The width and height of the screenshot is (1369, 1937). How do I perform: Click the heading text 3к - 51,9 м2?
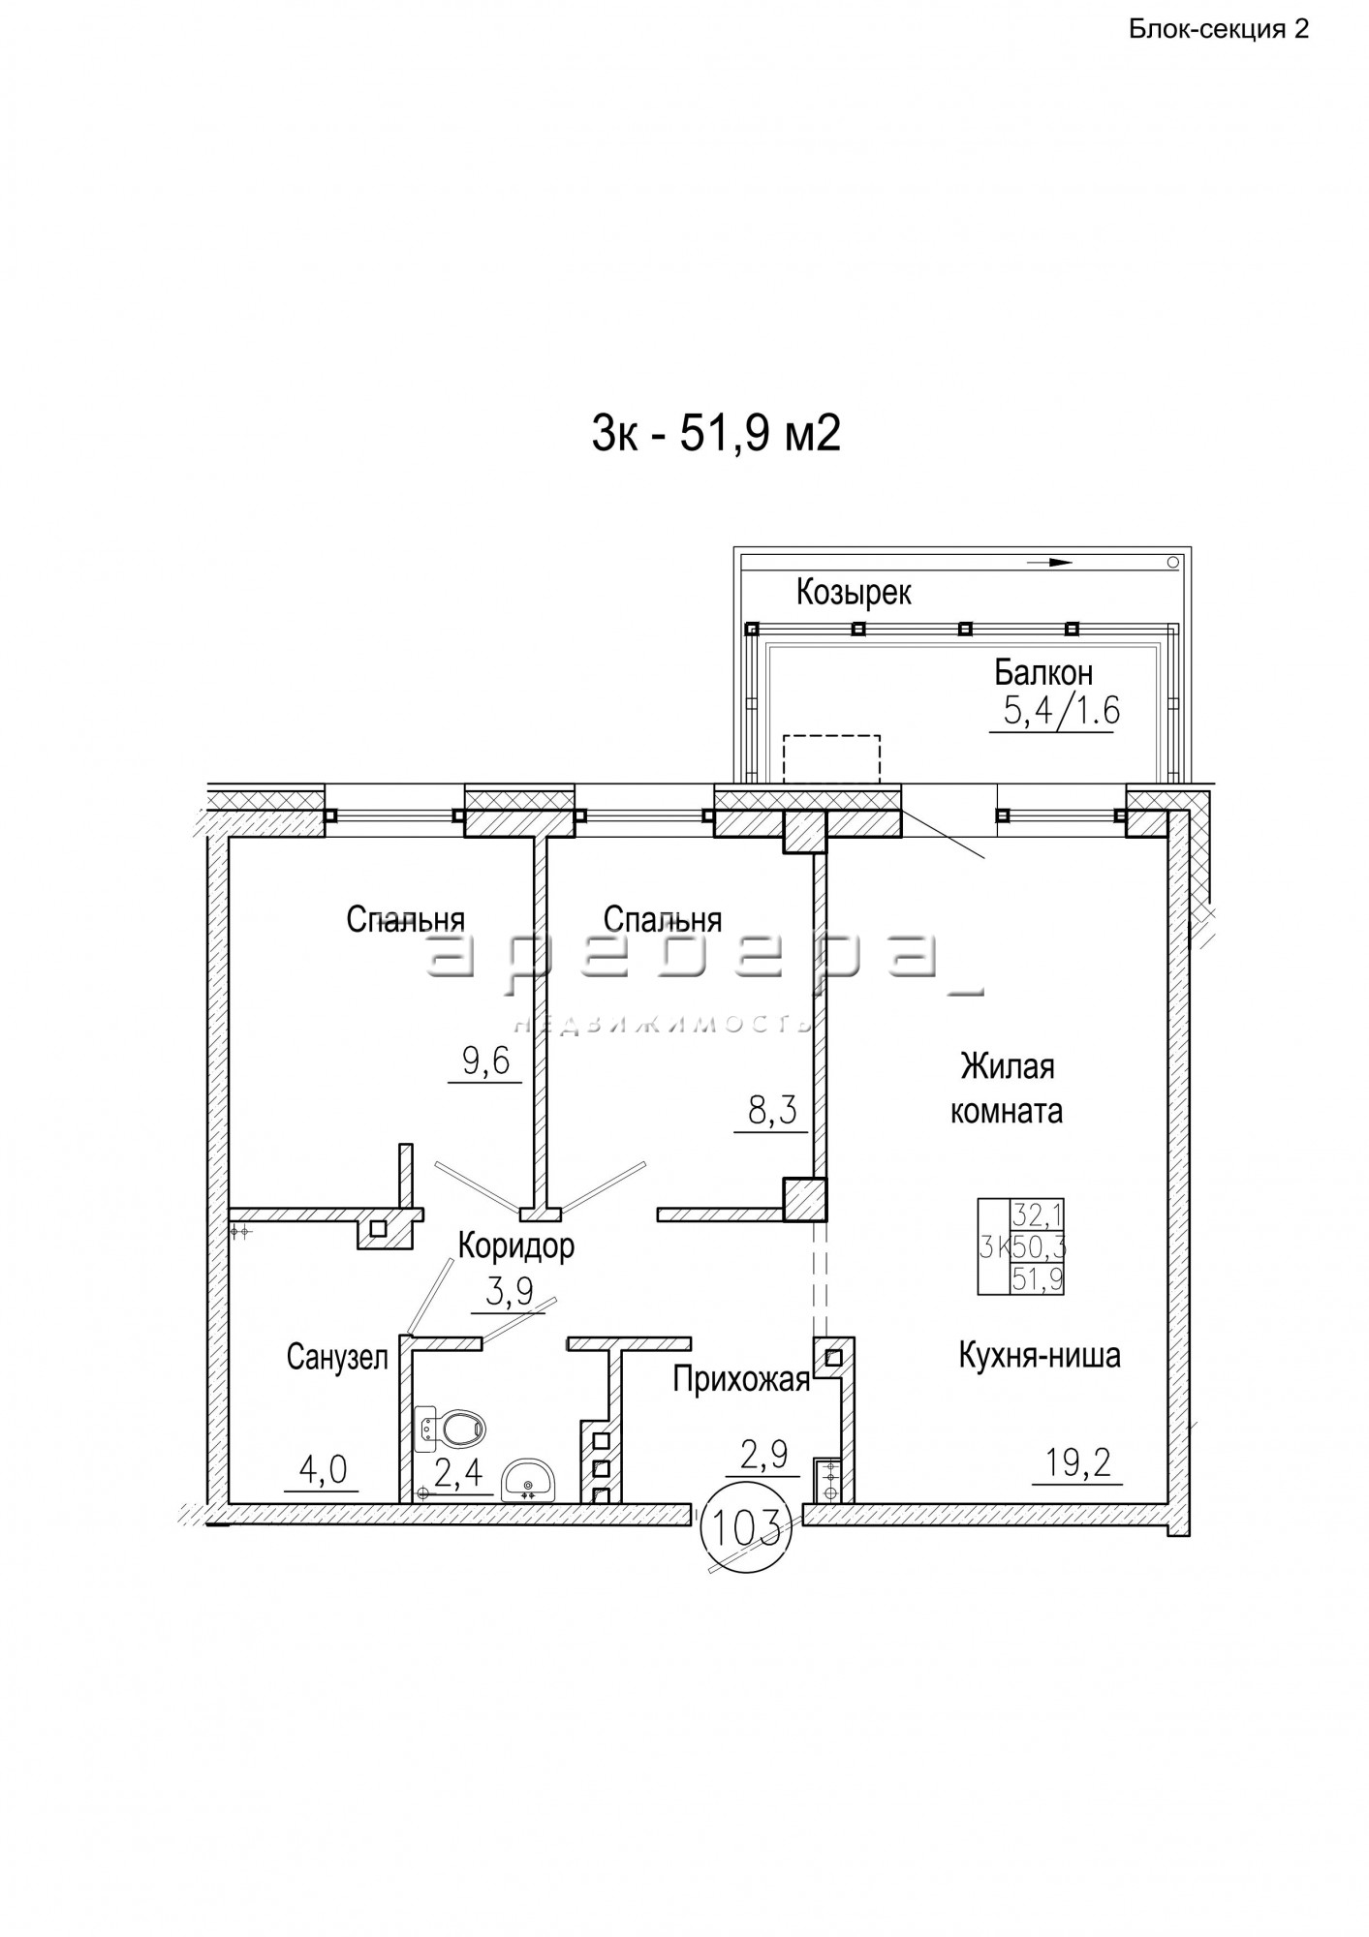point(716,435)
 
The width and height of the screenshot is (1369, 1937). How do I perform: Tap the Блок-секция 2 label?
point(1219,29)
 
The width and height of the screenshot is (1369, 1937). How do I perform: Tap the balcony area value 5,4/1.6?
point(1061,712)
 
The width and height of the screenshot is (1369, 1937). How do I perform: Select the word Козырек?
point(854,592)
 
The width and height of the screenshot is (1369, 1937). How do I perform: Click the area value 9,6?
point(485,1062)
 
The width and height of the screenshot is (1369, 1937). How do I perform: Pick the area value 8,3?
point(772,1109)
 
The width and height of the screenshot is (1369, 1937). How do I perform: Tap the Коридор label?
point(516,1245)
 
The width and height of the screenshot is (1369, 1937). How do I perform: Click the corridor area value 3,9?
point(509,1292)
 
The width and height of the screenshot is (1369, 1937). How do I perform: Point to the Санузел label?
point(337,1357)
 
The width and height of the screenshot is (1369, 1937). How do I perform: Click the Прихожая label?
point(741,1379)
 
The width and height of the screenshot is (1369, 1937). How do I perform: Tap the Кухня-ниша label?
point(1040,1355)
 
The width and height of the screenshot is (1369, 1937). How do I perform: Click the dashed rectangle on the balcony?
point(831,758)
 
